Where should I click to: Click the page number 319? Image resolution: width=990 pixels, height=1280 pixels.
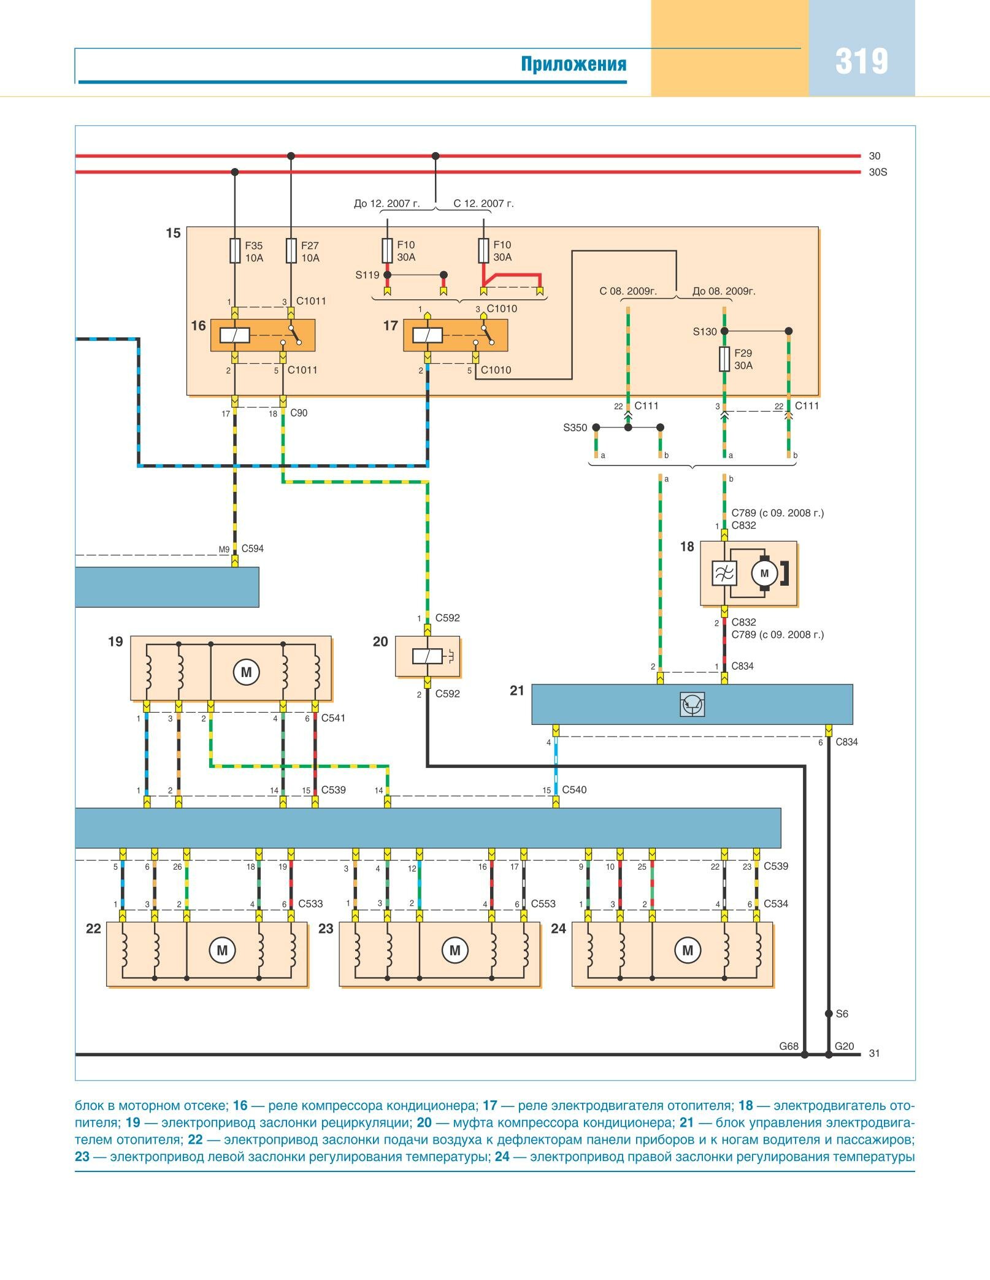[861, 61]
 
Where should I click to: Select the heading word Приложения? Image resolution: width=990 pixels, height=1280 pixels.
[574, 64]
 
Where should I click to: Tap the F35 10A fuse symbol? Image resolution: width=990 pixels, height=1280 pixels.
[235, 251]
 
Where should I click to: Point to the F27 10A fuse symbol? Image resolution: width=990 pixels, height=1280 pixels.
[291, 251]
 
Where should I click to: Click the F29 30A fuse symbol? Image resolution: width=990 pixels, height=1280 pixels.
[724, 359]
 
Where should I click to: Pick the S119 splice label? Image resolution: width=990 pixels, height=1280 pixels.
[367, 275]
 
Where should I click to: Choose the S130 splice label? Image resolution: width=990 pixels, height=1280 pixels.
[705, 332]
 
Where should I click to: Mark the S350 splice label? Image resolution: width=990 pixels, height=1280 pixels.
[575, 427]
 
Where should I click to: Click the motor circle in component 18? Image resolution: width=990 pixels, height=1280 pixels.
[764, 573]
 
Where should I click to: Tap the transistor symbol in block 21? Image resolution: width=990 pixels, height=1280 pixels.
[693, 704]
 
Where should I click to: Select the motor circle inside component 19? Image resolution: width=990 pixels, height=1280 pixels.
[246, 672]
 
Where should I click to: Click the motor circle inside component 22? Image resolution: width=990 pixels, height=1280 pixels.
[222, 951]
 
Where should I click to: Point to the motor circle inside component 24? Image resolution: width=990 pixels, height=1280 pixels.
[687, 951]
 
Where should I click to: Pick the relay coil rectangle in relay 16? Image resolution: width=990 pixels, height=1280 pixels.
[234, 335]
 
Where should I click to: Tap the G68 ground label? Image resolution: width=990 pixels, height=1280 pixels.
[788, 1046]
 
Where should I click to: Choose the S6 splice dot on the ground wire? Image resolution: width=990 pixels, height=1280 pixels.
[829, 1014]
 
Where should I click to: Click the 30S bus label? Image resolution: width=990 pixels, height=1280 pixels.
[878, 172]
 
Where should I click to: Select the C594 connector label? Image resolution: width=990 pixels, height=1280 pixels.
[252, 548]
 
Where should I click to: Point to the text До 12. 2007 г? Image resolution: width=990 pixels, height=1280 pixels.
[387, 204]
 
